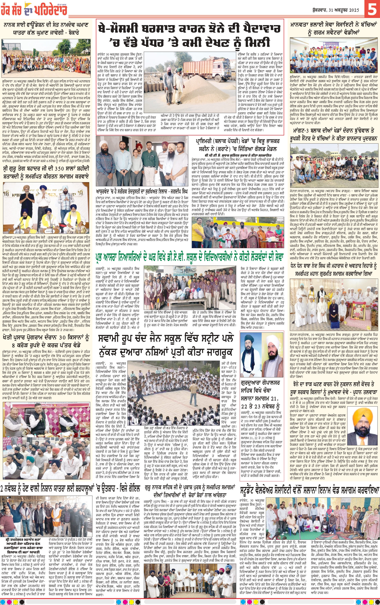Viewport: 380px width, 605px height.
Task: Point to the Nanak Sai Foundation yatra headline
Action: point(46,29)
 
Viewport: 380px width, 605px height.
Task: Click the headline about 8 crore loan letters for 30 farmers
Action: point(46,341)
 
